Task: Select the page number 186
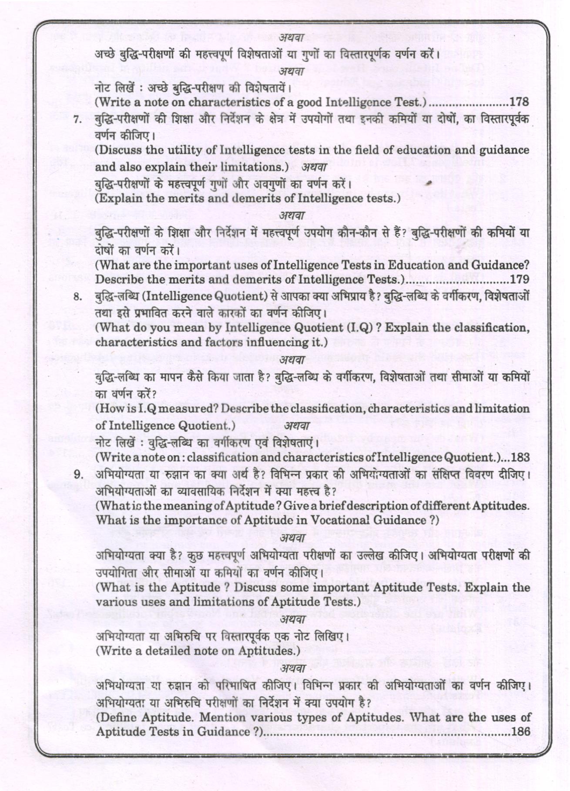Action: coord(520,731)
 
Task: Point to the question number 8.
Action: coord(77,298)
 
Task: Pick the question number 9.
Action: coord(78,475)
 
